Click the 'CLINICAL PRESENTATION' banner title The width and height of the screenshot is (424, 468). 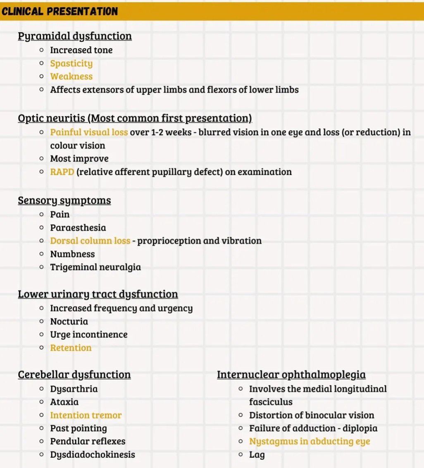60,12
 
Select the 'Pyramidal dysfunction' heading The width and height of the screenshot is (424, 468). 75,36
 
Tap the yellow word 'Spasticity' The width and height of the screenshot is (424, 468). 71,63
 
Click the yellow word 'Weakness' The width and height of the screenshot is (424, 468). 71,76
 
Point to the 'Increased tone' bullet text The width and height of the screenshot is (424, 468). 81,50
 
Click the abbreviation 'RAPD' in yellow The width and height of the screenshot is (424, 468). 62,172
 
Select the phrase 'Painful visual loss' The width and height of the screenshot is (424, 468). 89,133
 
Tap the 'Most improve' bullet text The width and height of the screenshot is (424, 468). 79,159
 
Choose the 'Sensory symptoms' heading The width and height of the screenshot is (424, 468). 64,201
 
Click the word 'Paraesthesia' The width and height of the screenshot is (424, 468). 78,228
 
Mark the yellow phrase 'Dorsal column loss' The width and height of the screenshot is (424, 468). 90,241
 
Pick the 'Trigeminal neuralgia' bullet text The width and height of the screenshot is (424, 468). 95,267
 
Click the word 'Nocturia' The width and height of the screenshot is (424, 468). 69,322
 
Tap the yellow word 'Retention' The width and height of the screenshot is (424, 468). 71,348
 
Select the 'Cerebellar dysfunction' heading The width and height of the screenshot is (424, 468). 74,375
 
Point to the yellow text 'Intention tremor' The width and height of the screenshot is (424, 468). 86,415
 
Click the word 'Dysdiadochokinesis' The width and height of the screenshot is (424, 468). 93,455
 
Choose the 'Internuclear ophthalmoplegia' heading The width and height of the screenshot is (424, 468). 291,375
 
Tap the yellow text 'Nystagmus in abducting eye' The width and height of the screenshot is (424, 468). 310,442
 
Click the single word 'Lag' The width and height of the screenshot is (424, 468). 257,455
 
